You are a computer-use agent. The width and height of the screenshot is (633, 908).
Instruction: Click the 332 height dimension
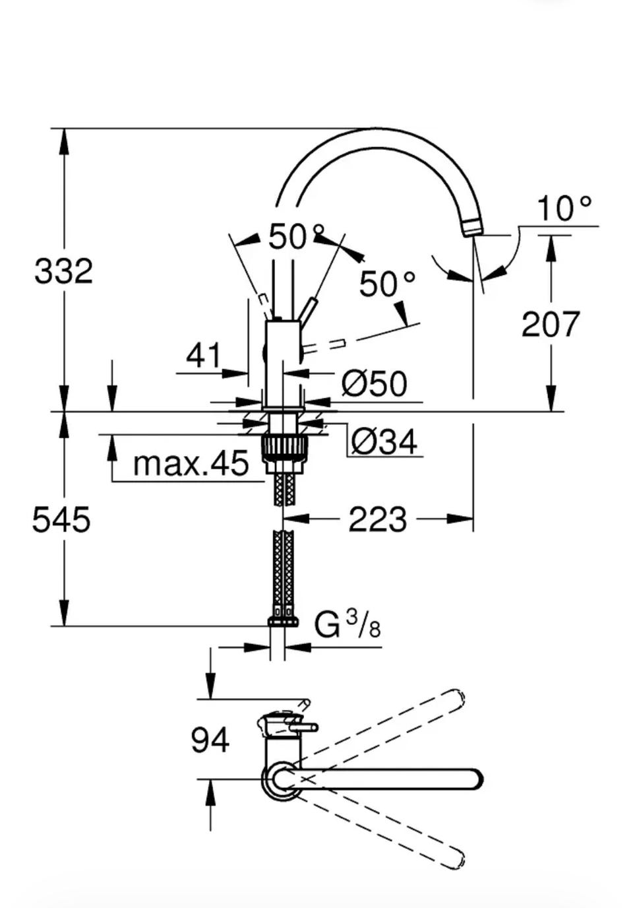tap(63, 271)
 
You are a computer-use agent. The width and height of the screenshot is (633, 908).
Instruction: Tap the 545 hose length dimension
tap(61, 520)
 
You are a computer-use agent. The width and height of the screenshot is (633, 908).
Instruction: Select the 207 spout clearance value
tap(551, 324)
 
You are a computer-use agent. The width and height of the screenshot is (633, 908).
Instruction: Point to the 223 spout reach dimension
tap(377, 519)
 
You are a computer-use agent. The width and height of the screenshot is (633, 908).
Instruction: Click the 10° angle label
tap(564, 209)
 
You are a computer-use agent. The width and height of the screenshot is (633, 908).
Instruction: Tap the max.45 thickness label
tap(191, 463)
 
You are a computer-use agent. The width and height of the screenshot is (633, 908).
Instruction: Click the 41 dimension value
tap(204, 355)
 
